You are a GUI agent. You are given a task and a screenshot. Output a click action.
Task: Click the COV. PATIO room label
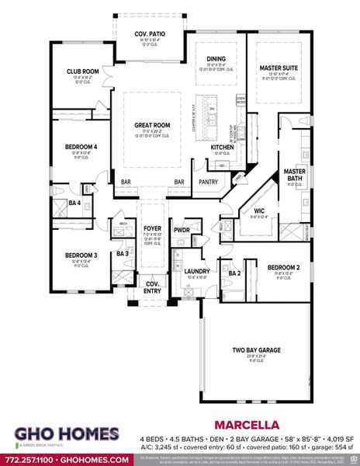point(151,34)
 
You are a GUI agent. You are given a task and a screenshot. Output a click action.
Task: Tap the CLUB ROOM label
point(81,71)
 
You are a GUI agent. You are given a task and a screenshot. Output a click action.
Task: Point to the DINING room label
point(216,58)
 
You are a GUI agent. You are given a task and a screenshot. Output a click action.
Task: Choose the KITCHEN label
point(223,147)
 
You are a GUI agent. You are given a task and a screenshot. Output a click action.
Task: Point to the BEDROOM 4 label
point(81,147)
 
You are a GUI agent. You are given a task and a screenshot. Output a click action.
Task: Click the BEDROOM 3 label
point(81,256)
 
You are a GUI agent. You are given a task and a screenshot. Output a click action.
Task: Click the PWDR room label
point(182,230)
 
